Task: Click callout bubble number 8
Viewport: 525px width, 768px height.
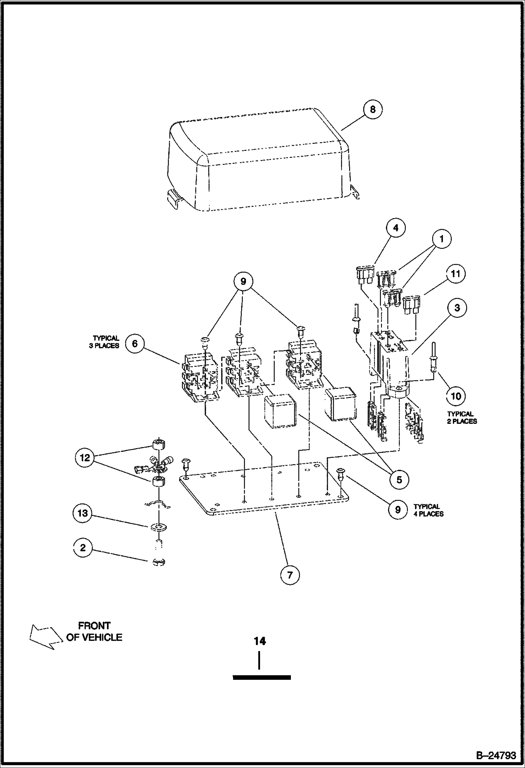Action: tap(373, 110)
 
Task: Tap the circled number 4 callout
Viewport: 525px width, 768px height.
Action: tap(396, 228)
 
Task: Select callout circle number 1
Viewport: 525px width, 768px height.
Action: tap(441, 239)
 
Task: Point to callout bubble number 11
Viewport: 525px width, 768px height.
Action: tap(455, 273)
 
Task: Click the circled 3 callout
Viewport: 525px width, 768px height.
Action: tap(457, 308)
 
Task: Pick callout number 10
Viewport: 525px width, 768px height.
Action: tap(456, 396)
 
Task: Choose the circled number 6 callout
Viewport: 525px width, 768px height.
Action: tap(135, 343)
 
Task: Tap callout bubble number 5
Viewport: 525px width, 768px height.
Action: tap(399, 479)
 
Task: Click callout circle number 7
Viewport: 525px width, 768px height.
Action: tap(289, 575)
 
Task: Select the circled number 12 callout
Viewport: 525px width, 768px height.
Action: tap(85, 458)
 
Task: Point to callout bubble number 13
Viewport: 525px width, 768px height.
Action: tap(83, 514)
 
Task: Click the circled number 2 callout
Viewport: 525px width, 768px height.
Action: tap(83, 547)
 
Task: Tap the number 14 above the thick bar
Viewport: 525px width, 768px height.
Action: tap(260, 641)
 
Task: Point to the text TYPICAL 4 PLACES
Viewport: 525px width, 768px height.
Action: tap(428, 510)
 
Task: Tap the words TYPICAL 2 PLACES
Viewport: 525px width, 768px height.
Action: tap(462, 418)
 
